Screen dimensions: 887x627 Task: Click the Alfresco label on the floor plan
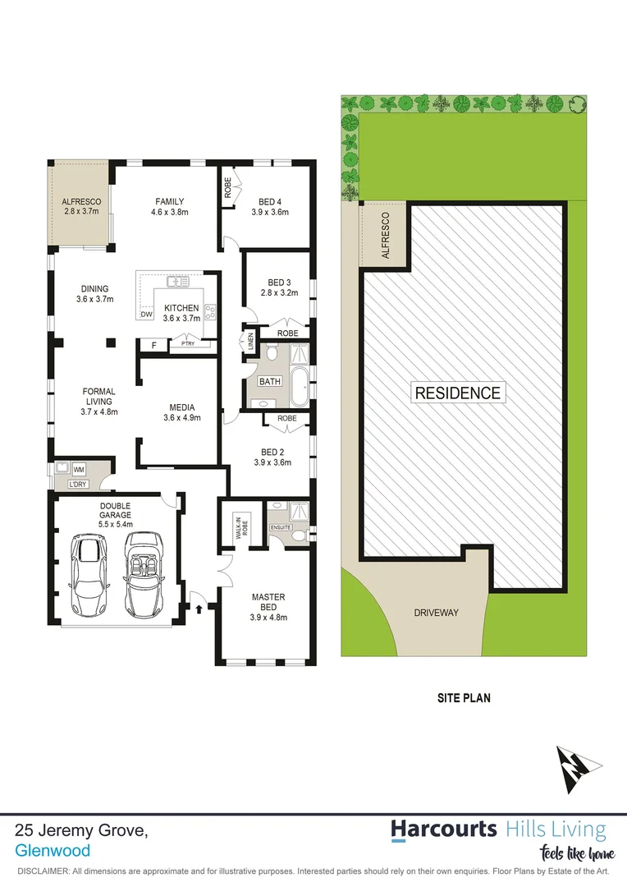80,201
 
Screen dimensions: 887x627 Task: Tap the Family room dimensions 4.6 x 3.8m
170,213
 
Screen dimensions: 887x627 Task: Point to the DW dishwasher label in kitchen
147,315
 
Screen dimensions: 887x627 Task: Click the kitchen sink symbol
178,283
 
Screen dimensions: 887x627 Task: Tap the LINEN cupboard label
249,341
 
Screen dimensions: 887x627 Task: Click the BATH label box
270,382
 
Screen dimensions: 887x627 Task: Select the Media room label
181,407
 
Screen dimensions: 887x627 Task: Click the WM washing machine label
80,469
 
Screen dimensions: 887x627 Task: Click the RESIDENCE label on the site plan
457,393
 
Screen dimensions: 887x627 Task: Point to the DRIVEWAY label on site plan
436,613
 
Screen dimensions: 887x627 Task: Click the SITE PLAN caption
463,699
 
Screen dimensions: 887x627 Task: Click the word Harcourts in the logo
443,829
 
